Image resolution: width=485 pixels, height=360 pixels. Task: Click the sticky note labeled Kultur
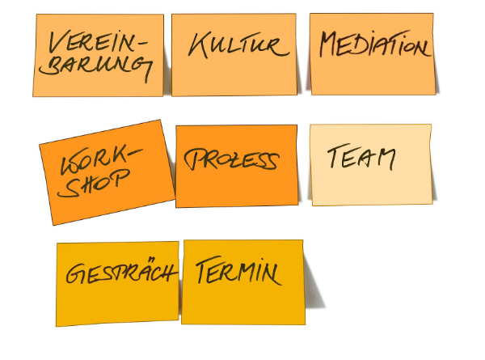[234, 54]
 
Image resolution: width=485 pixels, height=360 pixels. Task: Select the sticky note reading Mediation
[372, 53]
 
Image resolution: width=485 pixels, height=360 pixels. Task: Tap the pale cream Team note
[371, 164]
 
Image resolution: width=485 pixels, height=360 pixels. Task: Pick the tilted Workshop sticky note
[108, 172]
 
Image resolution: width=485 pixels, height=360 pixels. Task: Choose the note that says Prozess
[236, 166]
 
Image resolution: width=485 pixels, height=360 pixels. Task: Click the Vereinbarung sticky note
[99, 55]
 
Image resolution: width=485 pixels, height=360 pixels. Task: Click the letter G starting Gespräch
[76, 274]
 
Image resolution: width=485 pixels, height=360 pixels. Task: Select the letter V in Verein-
[57, 41]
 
